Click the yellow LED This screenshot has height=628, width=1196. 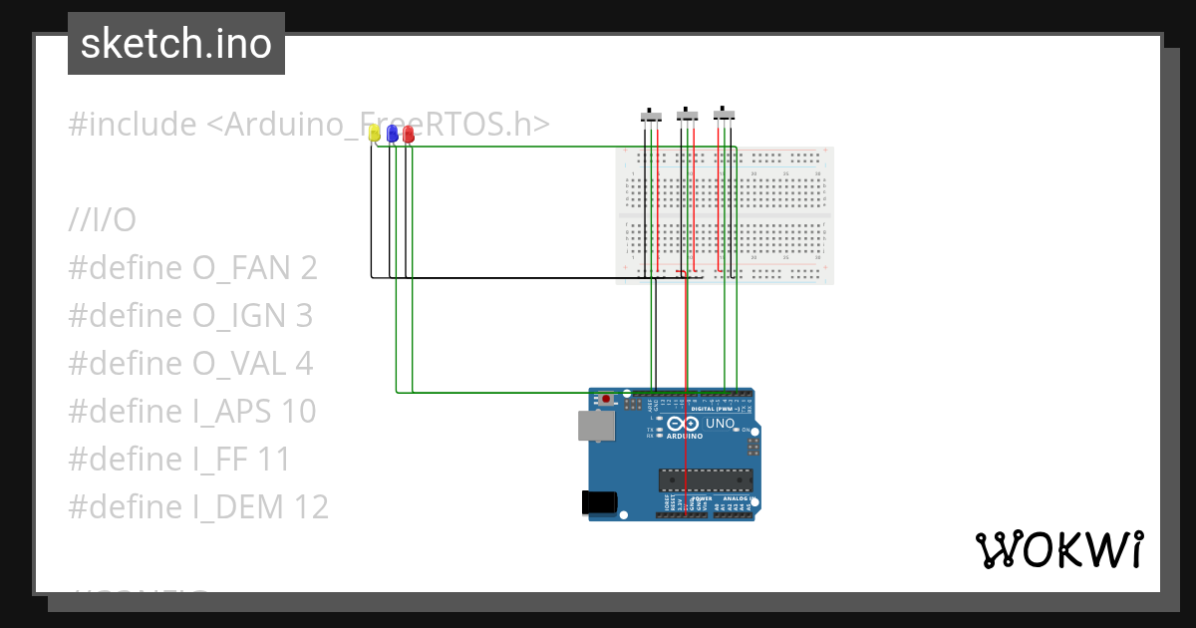[x=375, y=133]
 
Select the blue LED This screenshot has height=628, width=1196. [x=392, y=133]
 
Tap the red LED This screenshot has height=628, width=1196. [x=408, y=134]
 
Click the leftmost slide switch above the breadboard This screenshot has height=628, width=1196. [x=651, y=117]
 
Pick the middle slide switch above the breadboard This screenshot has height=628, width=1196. [x=687, y=116]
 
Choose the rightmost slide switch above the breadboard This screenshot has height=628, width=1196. [x=725, y=114]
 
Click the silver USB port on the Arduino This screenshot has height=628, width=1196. [x=595, y=427]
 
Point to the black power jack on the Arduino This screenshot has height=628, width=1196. [x=598, y=501]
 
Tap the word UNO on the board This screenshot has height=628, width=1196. [x=720, y=425]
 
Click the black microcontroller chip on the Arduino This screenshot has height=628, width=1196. [x=705, y=479]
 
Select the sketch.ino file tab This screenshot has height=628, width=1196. [x=176, y=44]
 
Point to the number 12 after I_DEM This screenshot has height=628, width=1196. [x=311, y=507]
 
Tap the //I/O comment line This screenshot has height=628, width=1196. [x=102, y=220]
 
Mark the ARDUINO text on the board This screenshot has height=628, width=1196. [x=686, y=437]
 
